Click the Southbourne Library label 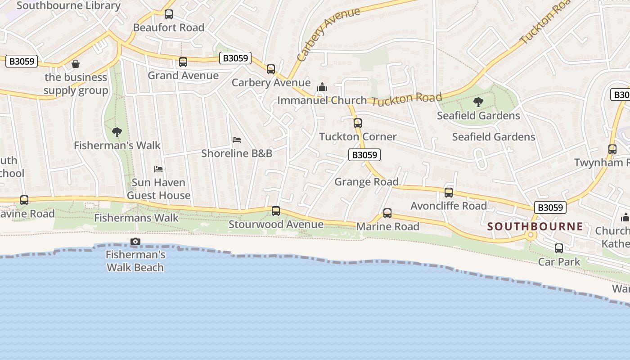pos(68,6)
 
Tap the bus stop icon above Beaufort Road pos(169,14)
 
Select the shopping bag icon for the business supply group pos(76,64)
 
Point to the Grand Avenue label pos(183,76)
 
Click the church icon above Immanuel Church pos(322,87)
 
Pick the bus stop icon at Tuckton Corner pos(358,123)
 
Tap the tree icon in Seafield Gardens pos(478,102)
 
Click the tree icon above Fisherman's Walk pos(117,132)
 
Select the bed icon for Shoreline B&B pos(237,140)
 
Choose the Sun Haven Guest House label pos(158,189)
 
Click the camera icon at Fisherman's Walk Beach pos(135,242)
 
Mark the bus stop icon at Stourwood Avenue pos(276,211)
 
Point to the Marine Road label pos(387,226)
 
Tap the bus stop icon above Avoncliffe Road pos(449,193)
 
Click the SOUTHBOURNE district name pos(535,226)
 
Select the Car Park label pos(559,262)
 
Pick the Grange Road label pos(366,182)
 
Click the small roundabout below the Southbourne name pos(531,235)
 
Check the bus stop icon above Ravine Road pos(24,200)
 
